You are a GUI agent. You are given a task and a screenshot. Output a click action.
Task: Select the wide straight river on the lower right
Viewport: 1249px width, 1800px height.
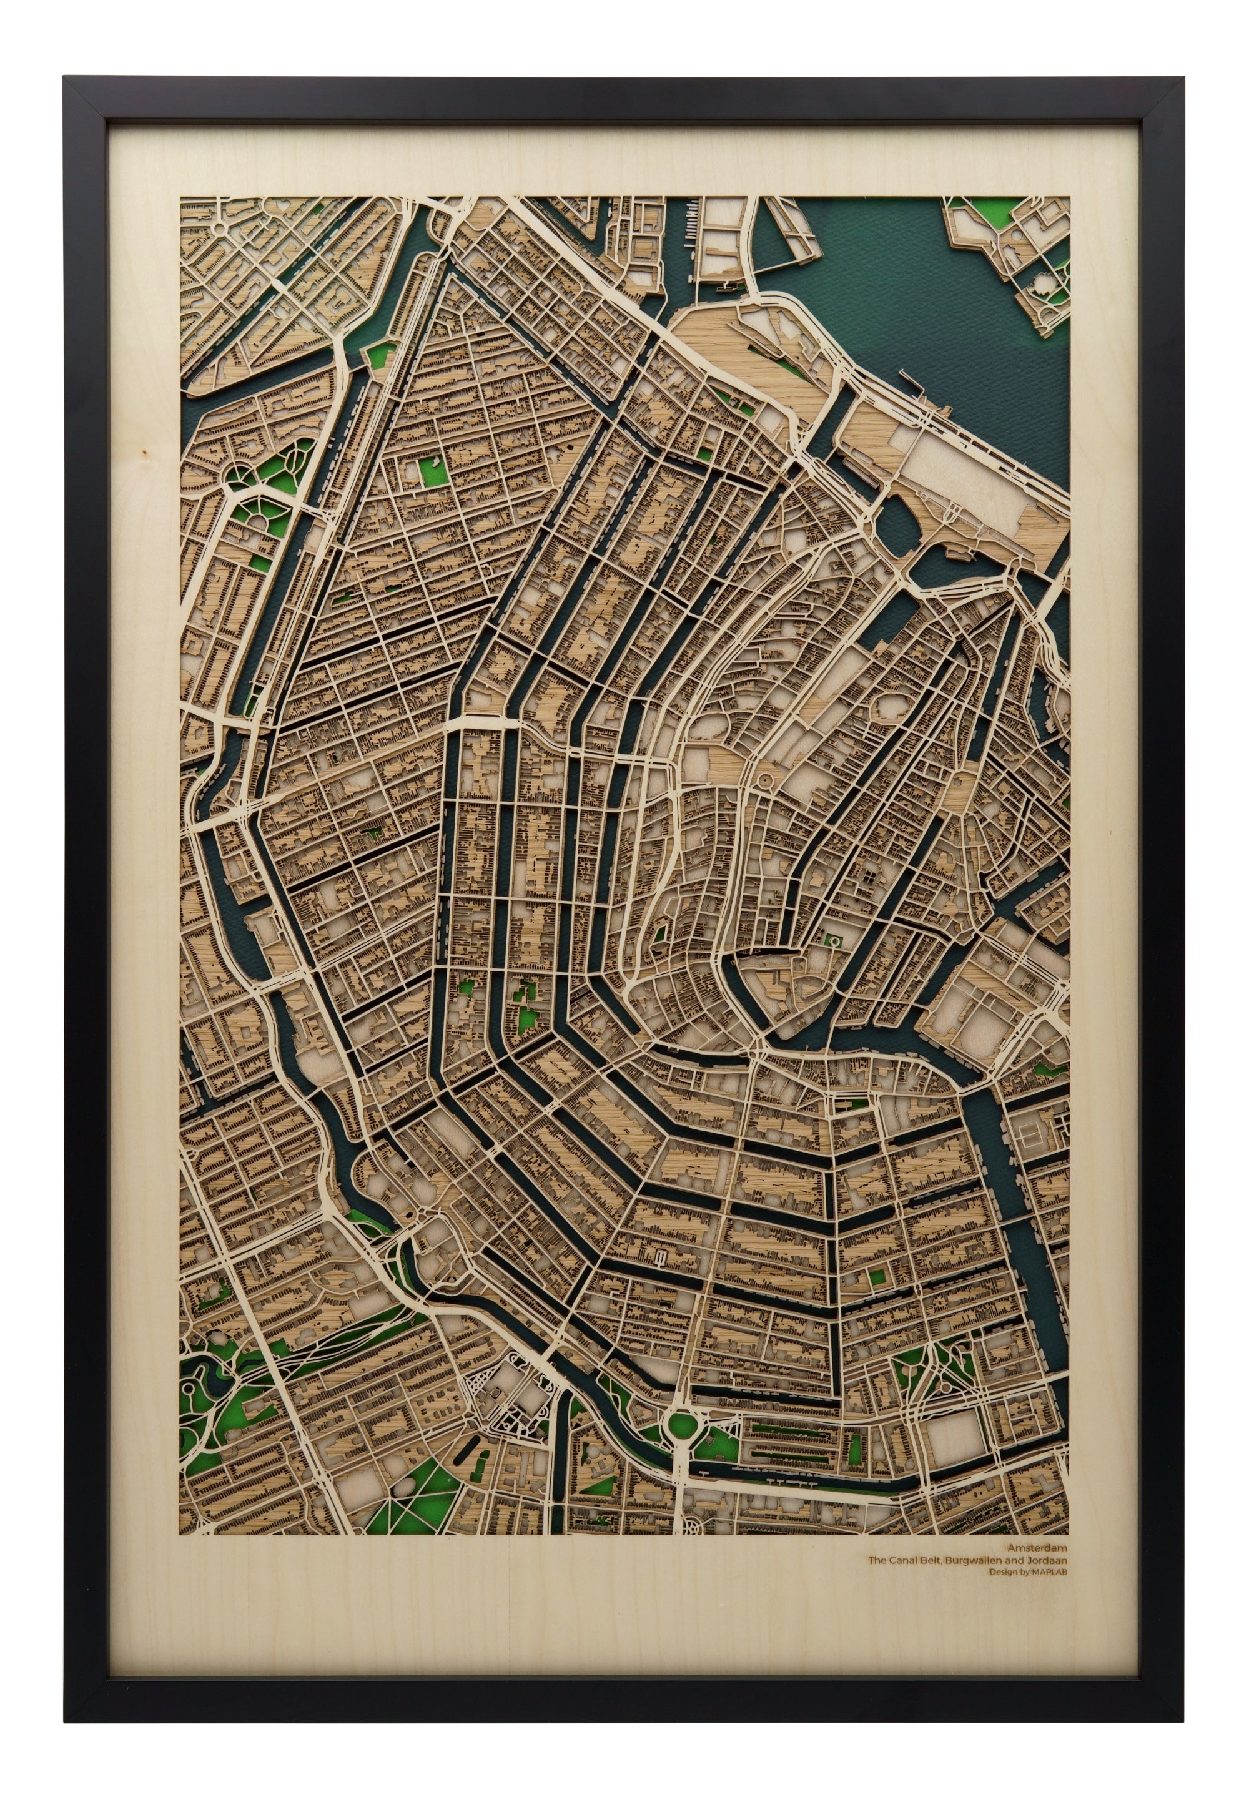click(1017, 1173)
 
